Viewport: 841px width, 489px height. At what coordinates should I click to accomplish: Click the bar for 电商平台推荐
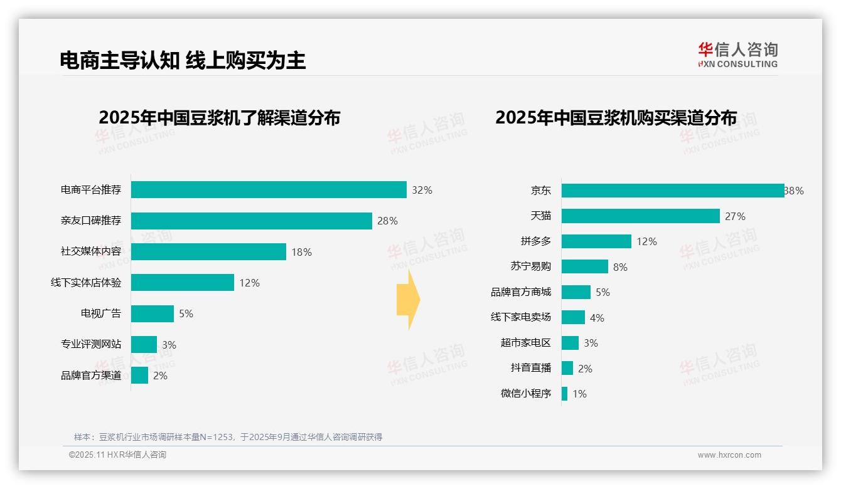click(269, 190)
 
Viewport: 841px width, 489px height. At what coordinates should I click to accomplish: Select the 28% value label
click(387, 221)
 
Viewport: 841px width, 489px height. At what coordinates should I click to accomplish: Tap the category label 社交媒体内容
click(91, 251)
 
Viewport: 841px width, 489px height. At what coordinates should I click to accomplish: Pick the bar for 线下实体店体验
click(183, 283)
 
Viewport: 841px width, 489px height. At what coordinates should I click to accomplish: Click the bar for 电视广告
click(153, 313)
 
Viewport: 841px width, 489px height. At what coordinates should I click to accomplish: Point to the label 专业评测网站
click(91, 344)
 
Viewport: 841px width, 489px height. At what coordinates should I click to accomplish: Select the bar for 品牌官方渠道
click(140, 376)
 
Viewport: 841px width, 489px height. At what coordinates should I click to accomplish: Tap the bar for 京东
click(672, 191)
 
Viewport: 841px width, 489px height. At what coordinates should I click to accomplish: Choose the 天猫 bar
click(640, 216)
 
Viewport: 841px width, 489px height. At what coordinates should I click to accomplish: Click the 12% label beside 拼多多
click(646, 241)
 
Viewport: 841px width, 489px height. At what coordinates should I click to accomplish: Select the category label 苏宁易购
click(530, 266)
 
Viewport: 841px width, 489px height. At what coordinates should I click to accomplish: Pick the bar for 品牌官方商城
click(576, 292)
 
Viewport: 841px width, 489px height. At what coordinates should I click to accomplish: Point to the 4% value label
click(597, 318)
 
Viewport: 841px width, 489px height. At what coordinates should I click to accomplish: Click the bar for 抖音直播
click(567, 368)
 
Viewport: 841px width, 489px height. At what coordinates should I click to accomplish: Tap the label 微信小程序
click(526, 394)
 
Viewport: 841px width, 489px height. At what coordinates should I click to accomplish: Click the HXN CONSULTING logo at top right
click(737, 55)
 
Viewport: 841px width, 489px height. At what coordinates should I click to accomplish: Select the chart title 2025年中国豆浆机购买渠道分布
click(616, 118)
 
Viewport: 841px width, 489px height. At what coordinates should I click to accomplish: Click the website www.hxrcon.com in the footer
click(729, 455)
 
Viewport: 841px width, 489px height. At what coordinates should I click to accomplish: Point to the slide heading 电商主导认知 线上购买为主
click(183, 60)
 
